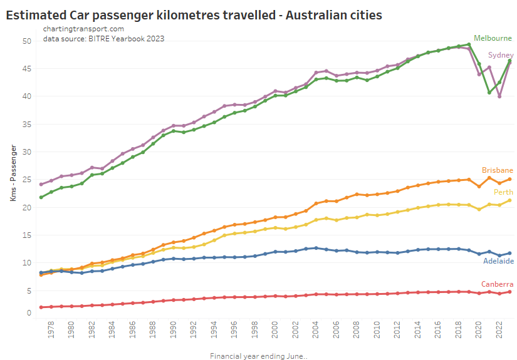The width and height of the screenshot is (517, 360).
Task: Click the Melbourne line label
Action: pos(493,38)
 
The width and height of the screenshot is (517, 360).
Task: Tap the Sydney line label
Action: pos(500,55)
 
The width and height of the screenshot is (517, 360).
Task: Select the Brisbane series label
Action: pos(498,170)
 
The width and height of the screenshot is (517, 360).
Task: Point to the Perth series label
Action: pos(504,192)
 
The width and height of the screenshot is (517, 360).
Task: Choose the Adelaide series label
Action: pos(498,261)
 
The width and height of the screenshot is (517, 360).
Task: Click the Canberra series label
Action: pos(498,284)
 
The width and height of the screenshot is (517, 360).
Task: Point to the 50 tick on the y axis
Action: pos(26,41)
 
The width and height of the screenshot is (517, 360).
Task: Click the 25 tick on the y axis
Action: pos(26,180)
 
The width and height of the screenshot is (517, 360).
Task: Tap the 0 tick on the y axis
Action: pos(28,313)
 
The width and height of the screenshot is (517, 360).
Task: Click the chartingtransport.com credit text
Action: pos(83,29)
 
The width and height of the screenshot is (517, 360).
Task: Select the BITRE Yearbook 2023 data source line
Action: pos(103,39)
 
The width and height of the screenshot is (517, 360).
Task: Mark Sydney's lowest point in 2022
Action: pos(499,96)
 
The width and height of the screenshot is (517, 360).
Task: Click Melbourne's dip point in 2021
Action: pos(489,93)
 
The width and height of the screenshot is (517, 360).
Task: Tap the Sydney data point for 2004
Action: pos(316,73)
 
